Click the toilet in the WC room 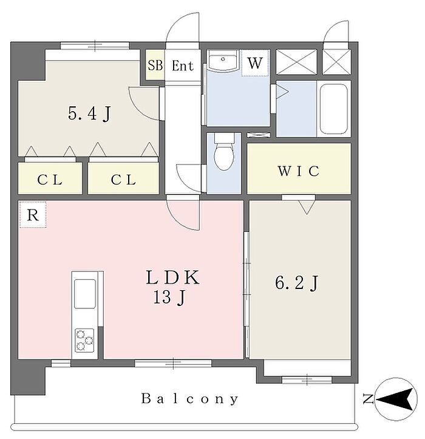point(224,152)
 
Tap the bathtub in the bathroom point(334,109)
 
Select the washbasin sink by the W point(223,61)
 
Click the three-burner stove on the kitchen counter point(84,340)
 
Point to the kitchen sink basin point(85,294)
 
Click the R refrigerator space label point(33,215)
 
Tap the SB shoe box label point(155,66)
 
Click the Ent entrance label point(183,66)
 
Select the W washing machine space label point(255,63)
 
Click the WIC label point(299,171)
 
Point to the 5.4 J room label point(90,114)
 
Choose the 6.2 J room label point(297,282)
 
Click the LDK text point(173,277)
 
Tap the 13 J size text point(169,298)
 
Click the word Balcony point(190,399)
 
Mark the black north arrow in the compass point(397,399)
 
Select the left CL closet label point(50,180)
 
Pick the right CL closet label point(123,180)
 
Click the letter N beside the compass point(368,399)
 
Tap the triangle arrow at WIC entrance point(307,207)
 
